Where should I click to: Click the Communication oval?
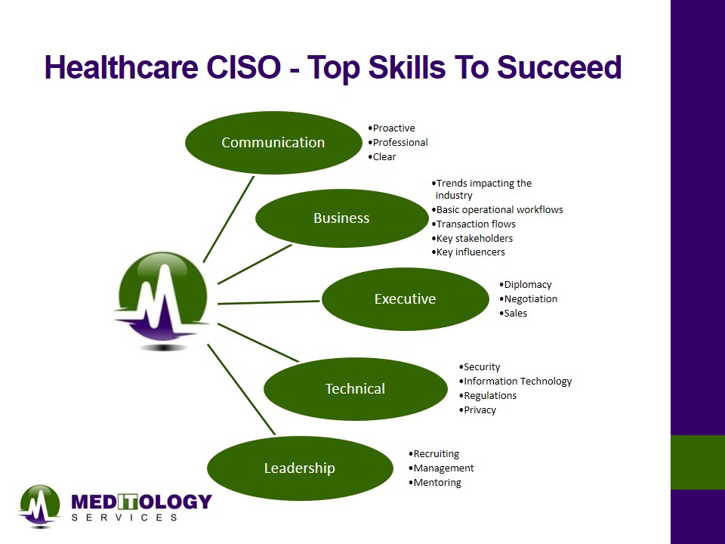(273, 143)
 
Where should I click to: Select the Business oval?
(341, 218)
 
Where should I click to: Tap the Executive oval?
(405, 299)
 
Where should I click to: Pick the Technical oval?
(355, 388)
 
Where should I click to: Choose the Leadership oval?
(300, 468)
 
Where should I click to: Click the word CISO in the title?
(243, 67)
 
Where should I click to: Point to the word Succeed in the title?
(559, 67)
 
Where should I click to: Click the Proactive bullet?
(392, 128)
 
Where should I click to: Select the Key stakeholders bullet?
(472, 238)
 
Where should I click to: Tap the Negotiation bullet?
(528, 299)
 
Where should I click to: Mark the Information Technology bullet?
(515, 381)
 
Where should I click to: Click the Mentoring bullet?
(435, 483)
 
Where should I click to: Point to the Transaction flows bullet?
(474, 224)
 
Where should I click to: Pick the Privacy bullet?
(477, 410)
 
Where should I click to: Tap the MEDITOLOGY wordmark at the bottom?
(141, 502)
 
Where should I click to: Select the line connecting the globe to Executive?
(269, 302)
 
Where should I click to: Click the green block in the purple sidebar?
(698, 462)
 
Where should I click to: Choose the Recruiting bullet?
(433, 454)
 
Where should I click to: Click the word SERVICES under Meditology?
(125, 517)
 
